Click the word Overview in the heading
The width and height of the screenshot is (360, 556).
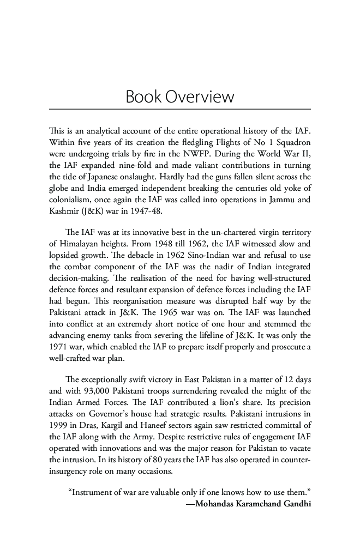[x=200, y=97]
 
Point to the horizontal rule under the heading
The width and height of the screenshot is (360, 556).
[x=179, y=110]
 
